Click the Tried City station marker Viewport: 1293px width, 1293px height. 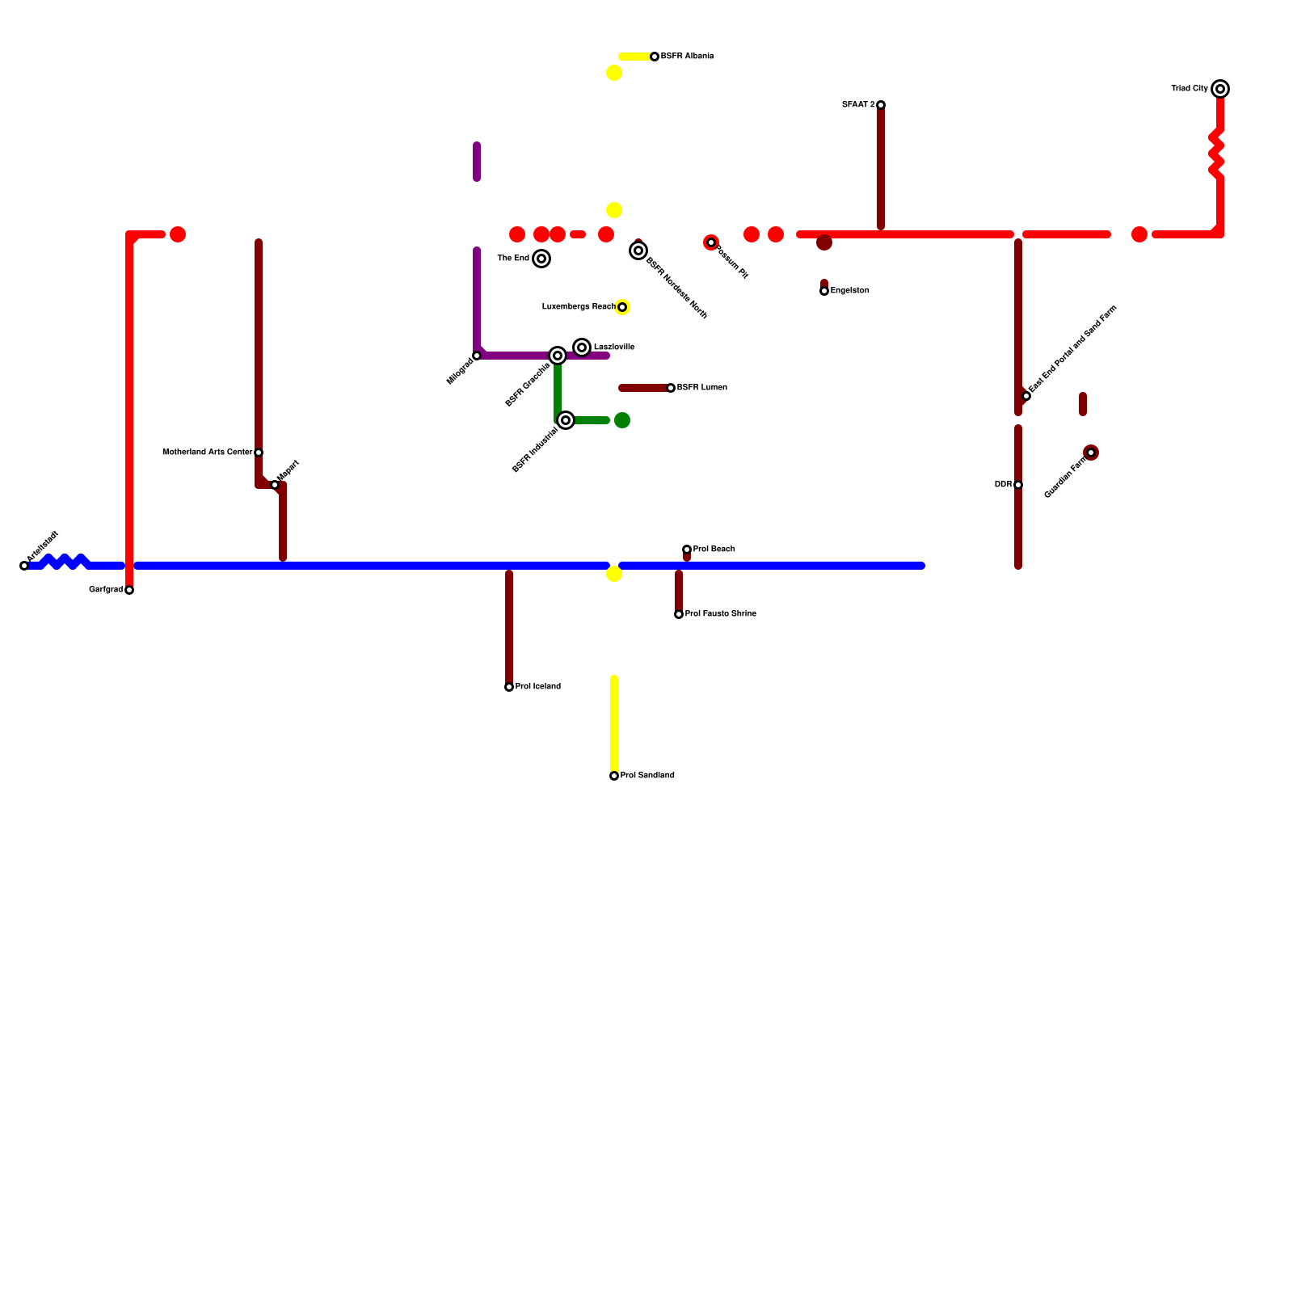(x=1220, y=89)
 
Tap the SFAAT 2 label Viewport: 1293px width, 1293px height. (x=858, y=105)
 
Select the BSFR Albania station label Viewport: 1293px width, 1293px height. (x=687, y=57)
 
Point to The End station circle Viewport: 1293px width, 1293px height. (x=541, y=259)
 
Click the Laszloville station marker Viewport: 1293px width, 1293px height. (x=582, y=347)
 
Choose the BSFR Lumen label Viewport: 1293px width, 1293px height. (x=702, y=388)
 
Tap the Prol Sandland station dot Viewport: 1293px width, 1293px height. (x=614, y=776)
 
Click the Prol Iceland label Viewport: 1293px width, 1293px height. (x=538, y=687)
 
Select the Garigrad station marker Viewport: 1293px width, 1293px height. (x=129, y=590)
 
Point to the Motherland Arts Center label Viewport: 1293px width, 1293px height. (x=208, y=453)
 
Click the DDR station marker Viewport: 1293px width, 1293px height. (x=1018, y=485)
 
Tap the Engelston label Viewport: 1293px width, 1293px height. (x=850, y=291)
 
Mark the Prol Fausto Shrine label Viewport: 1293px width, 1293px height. (x=721, y=614)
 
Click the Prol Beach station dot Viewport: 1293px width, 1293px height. (x=687, y=550)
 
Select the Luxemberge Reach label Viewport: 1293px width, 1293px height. (x=579, y=307)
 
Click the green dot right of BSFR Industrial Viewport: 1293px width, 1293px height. (x=622, y=420)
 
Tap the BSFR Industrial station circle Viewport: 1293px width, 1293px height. (x=566, y=420)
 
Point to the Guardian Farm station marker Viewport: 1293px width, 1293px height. (x=1091, y=453)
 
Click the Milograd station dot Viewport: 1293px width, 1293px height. (x=477, y=356)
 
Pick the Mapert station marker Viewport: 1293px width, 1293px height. (x=275, y=485)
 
